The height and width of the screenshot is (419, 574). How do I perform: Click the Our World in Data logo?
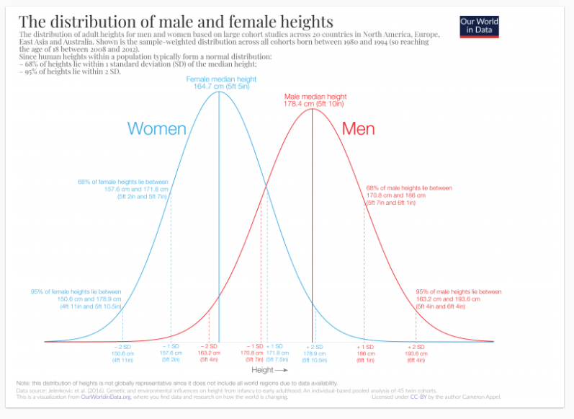click(x=479, y=27)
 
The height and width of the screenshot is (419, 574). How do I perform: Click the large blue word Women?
click(x=156, y=129)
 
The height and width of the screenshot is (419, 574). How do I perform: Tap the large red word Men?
click(x=358, y=129)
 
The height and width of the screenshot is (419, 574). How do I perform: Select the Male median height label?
click(x=315, y=100)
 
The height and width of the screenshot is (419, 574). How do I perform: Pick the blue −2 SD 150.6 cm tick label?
click(x=122, y=353)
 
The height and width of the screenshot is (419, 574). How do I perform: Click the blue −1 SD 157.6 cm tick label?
click(x=170, y=353)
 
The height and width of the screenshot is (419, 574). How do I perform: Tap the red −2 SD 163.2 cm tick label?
click(x=209, y=353)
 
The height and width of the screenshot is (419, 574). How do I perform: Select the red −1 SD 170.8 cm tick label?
click(x=254, y=353)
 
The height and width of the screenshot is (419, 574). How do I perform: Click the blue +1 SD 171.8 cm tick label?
click(x=276, y=353)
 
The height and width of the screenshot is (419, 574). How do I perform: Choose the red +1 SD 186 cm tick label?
click(x=365, y=353)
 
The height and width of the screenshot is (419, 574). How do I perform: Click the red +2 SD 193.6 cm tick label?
click(x=416, y=353)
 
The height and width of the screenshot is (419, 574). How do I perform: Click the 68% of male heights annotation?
click(x=409, y=195)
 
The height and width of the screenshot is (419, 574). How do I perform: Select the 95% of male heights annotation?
click(x=458, y=299)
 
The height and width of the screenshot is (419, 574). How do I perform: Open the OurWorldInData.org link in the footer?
click(x=106, y=397)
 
